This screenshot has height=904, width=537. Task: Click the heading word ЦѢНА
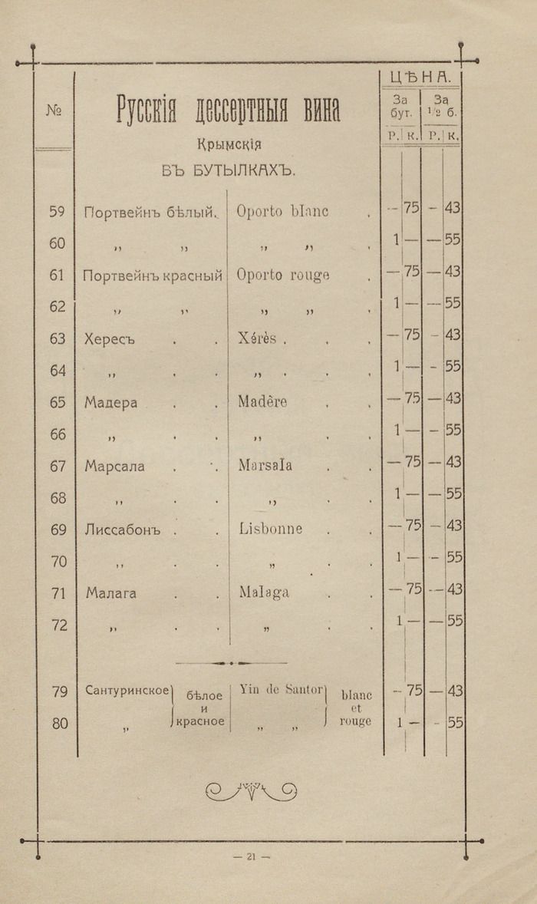pyautogui.click(x=420, y=77)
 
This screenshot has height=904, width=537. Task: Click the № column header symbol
pyautogui.click(x=54, y=111)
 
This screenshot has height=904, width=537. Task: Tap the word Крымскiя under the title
pyautogui.click(x=229, y=144)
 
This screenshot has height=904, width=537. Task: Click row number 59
pyautogui.click(x=57, y=211)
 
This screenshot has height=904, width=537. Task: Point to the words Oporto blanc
pyautogui.click(x=282, y=211)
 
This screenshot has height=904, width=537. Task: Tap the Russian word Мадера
pyautogui.click(x=111, y=402)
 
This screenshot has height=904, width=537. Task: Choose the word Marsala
pyautogui.click(x=265, y=465)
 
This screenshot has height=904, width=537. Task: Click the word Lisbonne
pyautogui.click(x=270, y=529)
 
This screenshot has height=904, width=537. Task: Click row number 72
pyautogui.click(x=59, y=625)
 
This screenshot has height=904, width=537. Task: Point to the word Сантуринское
pyautogui.click(x=127, y=691)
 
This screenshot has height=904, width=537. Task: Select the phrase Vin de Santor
pyautogui.click(x=282, y=689)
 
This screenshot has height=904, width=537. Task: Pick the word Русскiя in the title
pyautogui.click(x=147, y=111)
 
